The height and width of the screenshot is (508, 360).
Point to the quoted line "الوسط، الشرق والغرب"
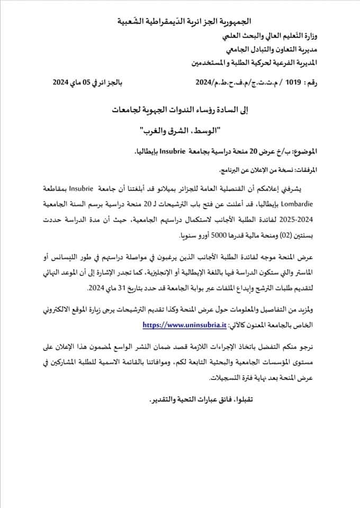click(x=178, y=129)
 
